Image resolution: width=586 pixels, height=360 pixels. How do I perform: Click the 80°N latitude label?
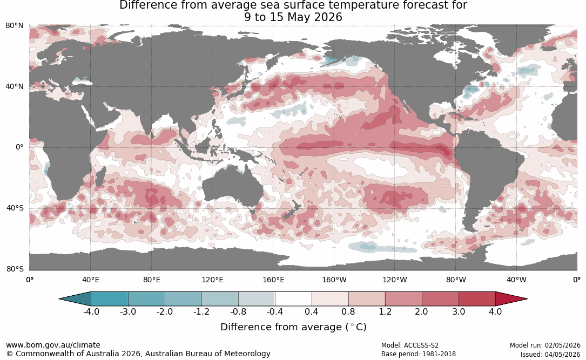pyautogui.click(x=14, y=26)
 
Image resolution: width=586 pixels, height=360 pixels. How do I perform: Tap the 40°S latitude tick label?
pyautogui.click(x=15, y=208)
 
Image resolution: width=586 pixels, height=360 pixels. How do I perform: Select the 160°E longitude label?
pyautogui.click(x=273, y=280)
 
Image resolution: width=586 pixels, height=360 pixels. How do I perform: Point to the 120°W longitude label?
pyautogui.click(x=395, y=280)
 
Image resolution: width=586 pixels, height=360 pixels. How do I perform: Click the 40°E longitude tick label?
pyautogui.click(x=90, y=280)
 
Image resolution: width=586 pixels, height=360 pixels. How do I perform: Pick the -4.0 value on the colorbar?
pyautogui.click(x=91, y=311)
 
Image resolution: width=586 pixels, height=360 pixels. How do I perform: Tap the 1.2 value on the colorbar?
pyautogui.click(x=385, y=311)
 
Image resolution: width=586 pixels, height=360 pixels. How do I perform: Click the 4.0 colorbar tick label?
pyautogui.click(x=495, y=311)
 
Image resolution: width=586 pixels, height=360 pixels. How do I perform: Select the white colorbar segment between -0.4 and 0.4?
pyautogui.click(x=293, y=299)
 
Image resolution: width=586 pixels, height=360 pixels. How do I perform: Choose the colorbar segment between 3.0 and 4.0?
pyautogui.click(x=477, y=299)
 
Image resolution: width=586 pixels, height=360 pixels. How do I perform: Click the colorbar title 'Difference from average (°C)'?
pyautogui.click(x=293, y=327)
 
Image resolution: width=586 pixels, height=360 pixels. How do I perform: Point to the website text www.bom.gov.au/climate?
pyautogui.click(x=53, y=345)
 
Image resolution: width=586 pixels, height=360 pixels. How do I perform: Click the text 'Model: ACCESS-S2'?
pyautogui.click(x=410, y=345)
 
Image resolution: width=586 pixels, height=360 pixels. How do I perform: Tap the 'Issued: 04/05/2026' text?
pyautogui.click(x=550, y=354)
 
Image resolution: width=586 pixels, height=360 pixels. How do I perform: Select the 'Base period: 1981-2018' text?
pyautogui.click(x=419, y=354)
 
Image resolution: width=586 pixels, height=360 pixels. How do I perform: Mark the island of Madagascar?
pyautogui.click(x=100, y=176)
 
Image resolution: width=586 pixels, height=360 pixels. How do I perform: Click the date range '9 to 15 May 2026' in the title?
pyautogui.click(x=293, y=17)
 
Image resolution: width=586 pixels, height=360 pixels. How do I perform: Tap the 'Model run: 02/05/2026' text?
pyautogui.click(x=545, y=345)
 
